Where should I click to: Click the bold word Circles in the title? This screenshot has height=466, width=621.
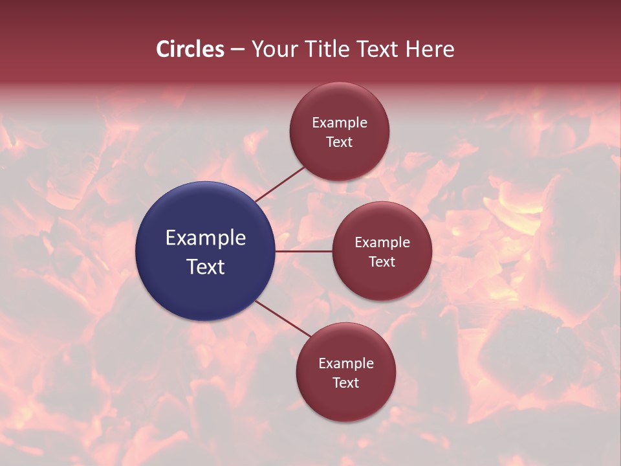point(190,49)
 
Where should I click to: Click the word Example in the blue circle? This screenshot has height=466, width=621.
point(206,238)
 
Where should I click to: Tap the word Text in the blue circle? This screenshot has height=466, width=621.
point(206,267)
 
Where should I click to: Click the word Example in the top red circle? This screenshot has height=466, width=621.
point(340,123)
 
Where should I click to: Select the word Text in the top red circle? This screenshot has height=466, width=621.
point(340,142)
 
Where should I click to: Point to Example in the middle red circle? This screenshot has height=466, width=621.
point(382,243)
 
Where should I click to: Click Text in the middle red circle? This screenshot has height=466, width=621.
point(382,262)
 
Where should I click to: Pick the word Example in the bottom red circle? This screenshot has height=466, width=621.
point(346,364)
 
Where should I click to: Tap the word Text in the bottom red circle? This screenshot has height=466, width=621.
point(346,383)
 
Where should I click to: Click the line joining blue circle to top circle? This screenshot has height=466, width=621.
point(279,184)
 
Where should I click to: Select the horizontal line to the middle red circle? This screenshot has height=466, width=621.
point(304,251)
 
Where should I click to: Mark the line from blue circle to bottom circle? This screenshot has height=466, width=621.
point(283,318)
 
